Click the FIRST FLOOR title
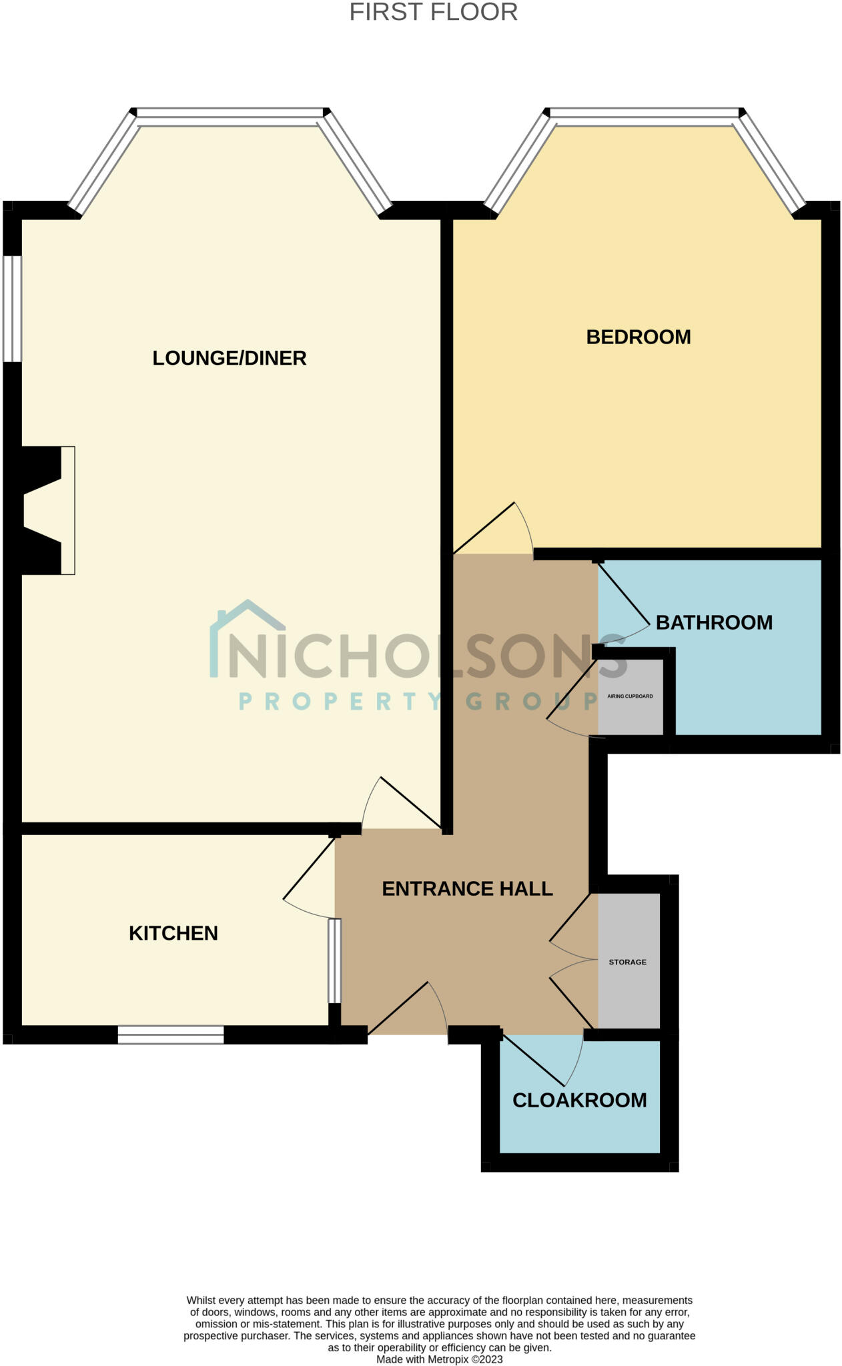click(433, 12)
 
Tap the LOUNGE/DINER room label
click(229, 358)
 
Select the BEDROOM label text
click(638, 337)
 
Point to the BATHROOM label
click(714, 622)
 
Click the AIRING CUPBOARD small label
click(630, 696)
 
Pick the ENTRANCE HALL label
click(467, 888)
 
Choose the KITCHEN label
click(173, 933)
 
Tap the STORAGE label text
click(627, 962)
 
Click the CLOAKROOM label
click(579, 1100)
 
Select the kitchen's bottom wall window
click(171, 1035)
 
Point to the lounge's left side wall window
click(12, 309)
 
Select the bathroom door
click(624, 594)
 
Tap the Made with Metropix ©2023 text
click(439, 1359)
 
